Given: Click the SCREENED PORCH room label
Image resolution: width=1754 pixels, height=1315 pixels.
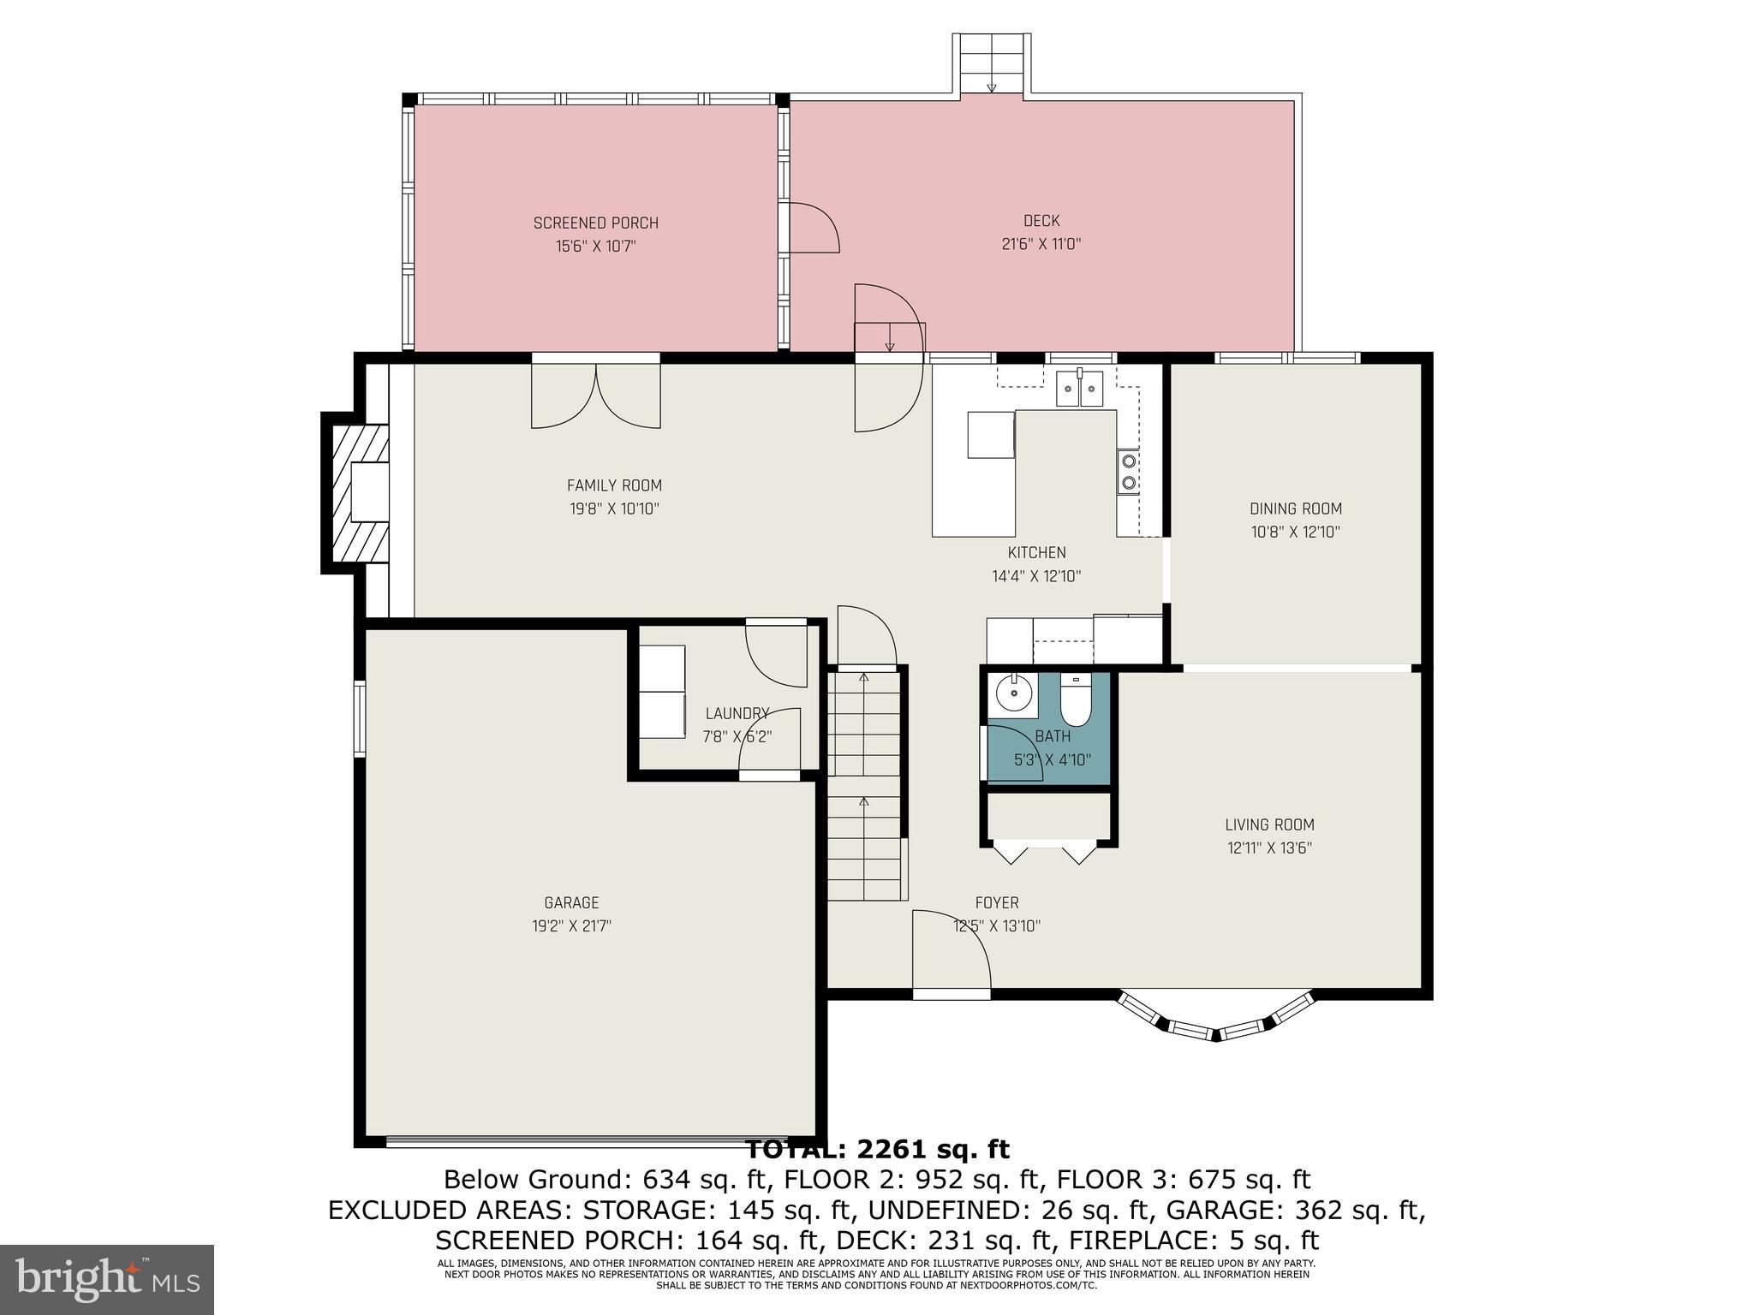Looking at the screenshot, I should click(595, 223).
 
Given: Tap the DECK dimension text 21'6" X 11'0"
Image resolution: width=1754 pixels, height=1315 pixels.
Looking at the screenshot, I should click(1041, 244).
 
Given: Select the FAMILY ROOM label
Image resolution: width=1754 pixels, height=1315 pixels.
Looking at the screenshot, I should click(614, 485).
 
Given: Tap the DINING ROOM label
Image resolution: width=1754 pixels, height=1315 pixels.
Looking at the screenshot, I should click(1295, 509).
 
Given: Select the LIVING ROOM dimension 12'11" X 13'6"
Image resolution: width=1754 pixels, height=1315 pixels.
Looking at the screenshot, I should click(1269, 848).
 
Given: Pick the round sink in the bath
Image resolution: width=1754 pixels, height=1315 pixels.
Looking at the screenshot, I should click(1016, 694).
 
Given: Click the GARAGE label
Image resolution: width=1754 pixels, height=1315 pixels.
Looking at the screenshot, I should click(571, 902).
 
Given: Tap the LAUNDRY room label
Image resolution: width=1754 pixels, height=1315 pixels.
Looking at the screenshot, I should click(736, 713).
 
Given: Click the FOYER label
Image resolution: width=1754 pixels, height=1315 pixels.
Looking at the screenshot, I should click(997, 902).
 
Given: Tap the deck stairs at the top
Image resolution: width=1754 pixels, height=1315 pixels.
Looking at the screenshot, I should click(991, 65).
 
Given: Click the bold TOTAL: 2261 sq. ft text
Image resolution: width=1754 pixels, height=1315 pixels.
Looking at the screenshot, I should click(877, 1149).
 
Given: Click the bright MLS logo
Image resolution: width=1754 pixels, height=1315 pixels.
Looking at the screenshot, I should click(106, 1280).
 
